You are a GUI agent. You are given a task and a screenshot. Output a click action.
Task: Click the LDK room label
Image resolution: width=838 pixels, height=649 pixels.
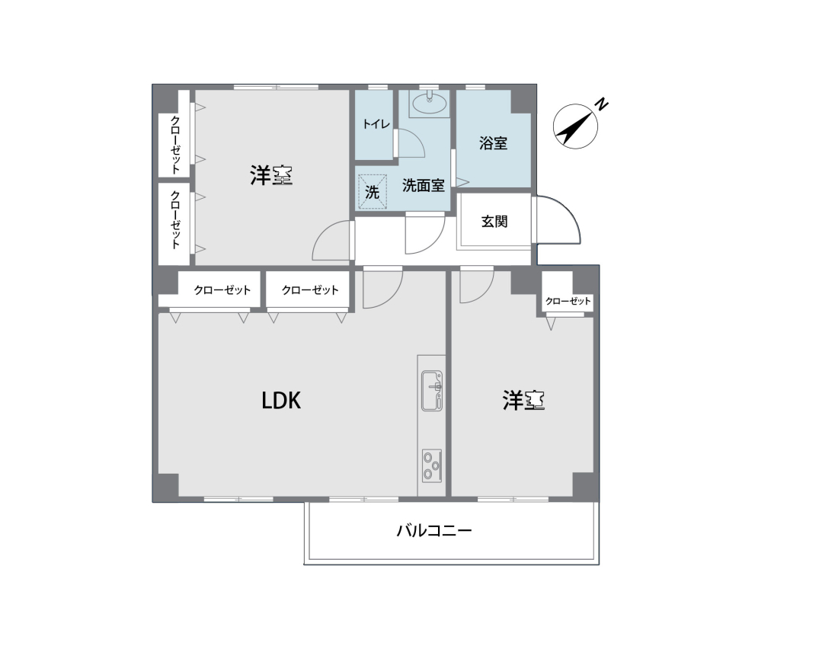coord(281,400)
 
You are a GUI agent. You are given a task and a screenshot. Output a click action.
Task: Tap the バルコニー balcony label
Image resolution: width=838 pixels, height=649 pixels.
coord(434,531)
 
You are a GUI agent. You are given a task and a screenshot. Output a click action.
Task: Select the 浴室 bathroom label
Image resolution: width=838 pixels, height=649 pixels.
coord(493,143)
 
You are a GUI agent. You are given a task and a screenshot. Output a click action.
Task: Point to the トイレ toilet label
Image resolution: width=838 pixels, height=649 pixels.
coord(376,124)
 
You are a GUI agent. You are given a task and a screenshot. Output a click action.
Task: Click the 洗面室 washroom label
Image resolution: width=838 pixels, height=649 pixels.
coord(424,186)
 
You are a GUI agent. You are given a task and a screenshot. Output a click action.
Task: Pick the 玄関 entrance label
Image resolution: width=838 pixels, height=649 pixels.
coord(494,222)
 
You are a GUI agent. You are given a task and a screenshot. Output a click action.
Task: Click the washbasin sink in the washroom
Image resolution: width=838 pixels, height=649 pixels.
coord(430,104)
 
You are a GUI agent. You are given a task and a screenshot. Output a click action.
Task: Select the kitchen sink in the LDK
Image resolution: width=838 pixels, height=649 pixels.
coord(432,391)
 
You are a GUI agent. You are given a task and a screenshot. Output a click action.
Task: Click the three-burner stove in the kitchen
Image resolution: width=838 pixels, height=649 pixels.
coord(432,465)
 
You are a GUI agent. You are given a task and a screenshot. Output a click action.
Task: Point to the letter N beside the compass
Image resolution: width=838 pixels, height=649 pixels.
coord(602,104)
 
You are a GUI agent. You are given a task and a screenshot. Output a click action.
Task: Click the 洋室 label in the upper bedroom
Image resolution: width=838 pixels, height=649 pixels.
coord(271,175)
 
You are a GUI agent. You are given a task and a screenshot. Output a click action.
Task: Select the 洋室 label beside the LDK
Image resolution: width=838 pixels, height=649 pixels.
coord(523,400)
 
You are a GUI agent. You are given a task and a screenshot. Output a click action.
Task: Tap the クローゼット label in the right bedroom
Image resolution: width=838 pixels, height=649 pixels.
coord(568,302)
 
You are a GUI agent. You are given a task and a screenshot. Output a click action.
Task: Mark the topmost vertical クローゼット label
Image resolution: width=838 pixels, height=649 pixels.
coord(175,145)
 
